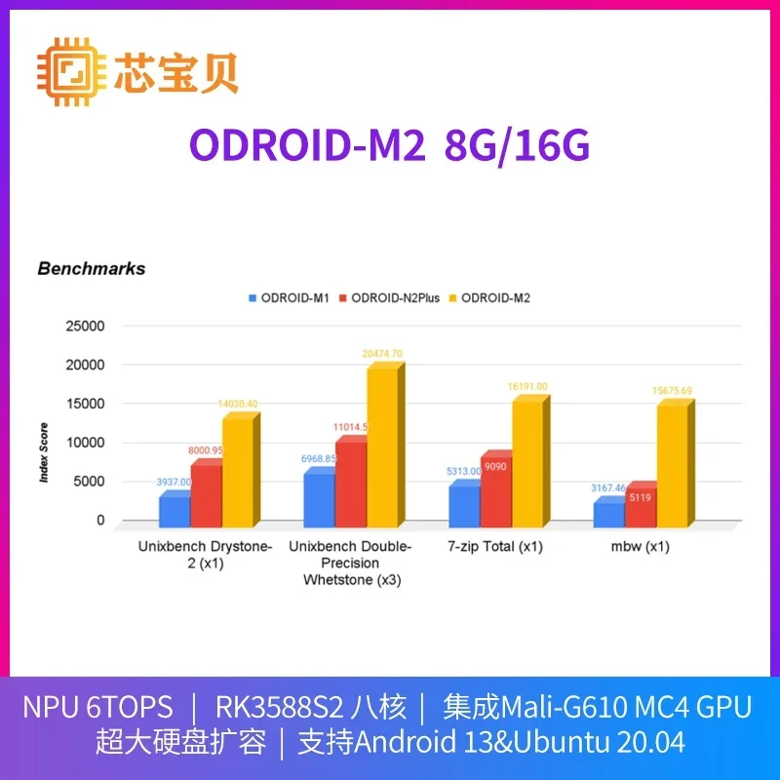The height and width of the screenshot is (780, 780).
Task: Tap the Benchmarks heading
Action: [x=91, y=268]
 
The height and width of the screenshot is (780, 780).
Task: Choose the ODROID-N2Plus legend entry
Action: [x=393, y=296]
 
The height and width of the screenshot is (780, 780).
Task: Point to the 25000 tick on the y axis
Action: [x=85, y=326]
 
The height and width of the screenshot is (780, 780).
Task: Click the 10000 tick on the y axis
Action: [x=85, y=443]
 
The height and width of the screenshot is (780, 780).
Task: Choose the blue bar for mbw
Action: [x=609, y=515]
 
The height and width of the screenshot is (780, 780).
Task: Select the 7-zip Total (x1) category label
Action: [x=494, y=547]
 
